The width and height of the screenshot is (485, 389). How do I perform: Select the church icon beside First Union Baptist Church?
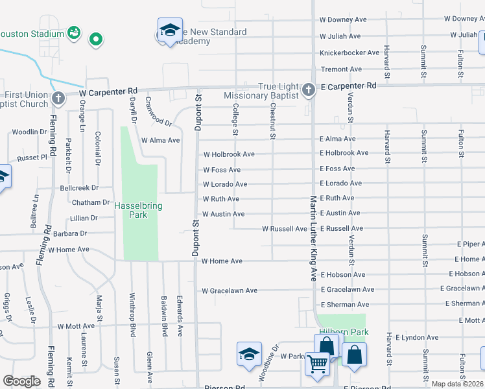[58, 99]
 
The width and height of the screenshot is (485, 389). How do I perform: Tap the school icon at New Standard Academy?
[170, 30]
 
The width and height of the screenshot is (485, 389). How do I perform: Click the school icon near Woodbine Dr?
[249, 354]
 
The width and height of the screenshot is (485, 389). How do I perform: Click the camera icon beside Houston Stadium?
[74, 32]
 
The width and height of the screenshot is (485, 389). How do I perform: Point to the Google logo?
[21, 381]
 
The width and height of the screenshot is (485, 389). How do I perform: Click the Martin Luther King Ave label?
[312, 238]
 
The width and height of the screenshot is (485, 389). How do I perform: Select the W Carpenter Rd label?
[109, 92]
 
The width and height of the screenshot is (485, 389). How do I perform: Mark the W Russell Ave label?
[284, 229]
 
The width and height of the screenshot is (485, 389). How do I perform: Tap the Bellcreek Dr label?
[79, 187]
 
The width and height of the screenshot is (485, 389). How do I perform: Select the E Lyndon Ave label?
[417, 337]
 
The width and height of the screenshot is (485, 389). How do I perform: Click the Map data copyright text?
[458, 384]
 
